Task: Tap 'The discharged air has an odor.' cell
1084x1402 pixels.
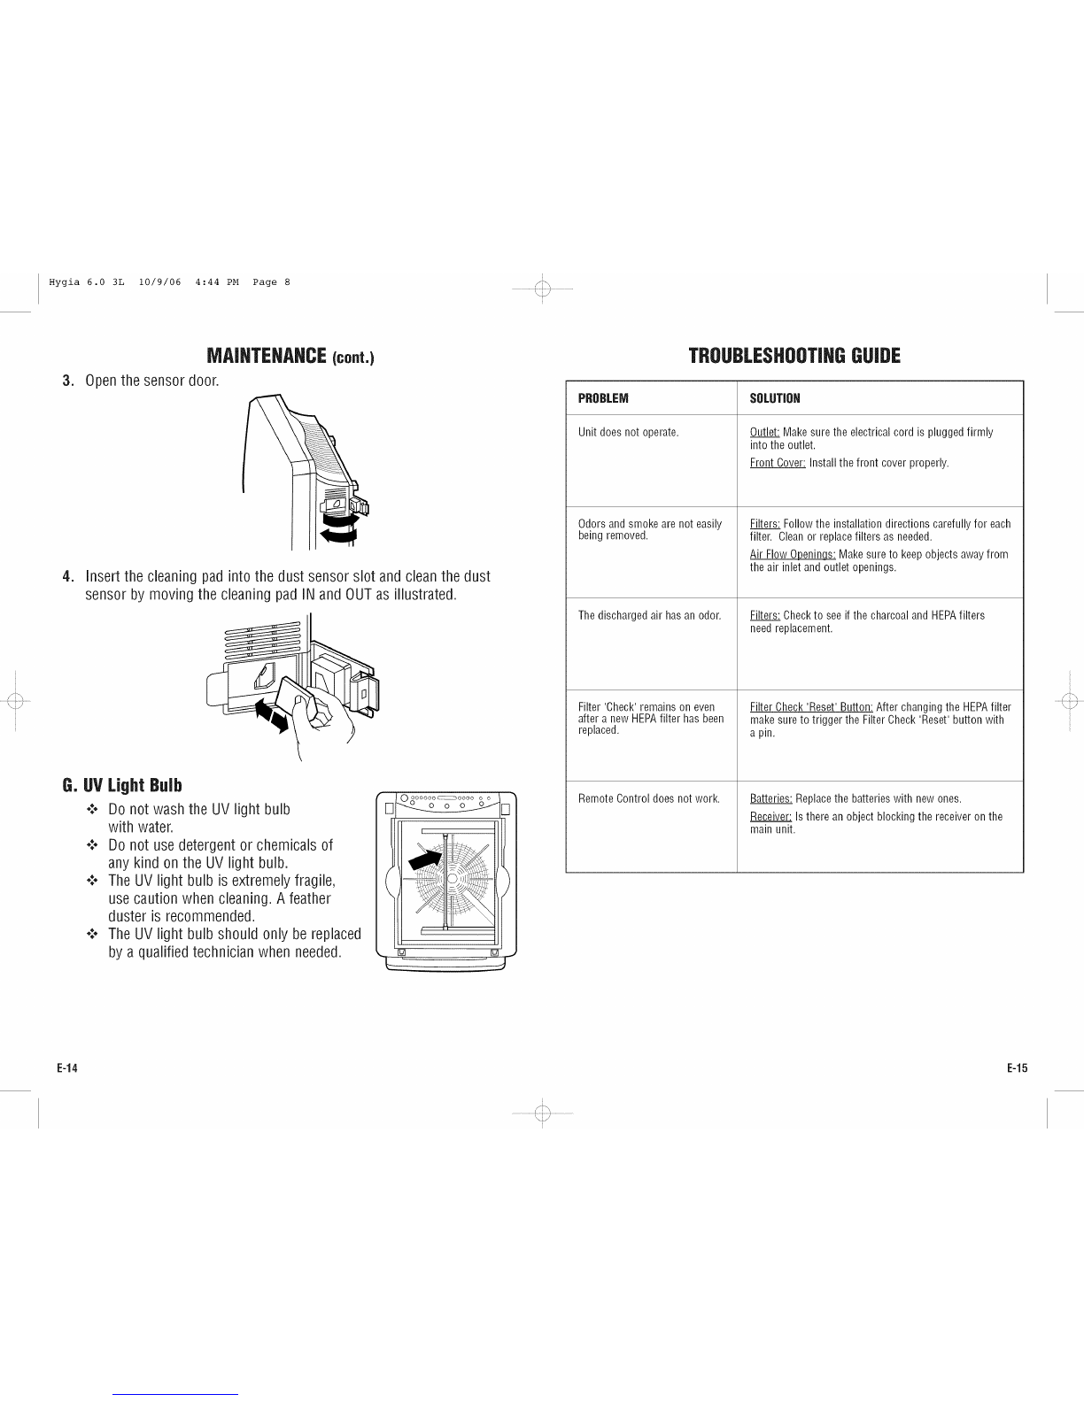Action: point(649,615)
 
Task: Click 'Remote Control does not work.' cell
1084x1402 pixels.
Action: point(648,798)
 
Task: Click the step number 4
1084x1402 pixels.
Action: point(66,576)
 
